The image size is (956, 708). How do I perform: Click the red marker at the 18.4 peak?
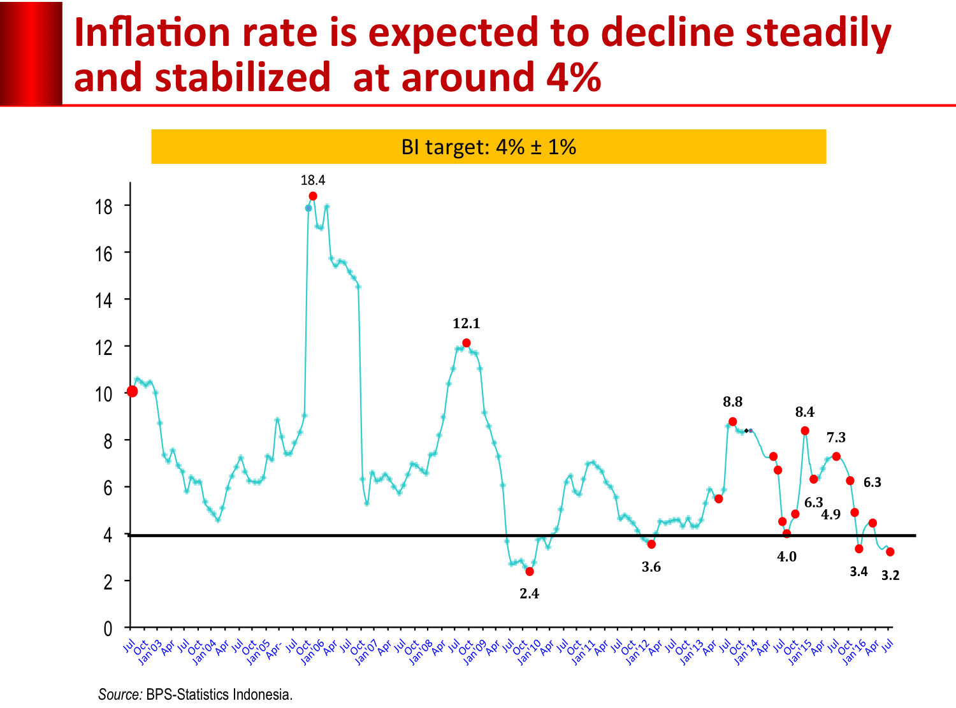point(313,196)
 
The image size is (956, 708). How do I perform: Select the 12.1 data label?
point(466,324)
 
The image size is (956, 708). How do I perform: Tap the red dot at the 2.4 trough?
point(530,572)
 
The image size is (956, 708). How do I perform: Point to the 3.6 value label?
point(651,567)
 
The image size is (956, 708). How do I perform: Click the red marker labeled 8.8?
point(733,422)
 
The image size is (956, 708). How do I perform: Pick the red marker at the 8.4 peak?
point(805,431)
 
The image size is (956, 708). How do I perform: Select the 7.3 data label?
point(836,438)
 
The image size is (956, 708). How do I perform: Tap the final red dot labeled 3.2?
point(890,552)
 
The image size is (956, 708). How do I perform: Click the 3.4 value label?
point(858,572)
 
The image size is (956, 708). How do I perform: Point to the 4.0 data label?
point(786,557)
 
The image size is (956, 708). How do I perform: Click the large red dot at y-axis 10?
point(132,391)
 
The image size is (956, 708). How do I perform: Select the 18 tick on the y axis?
point(104,206)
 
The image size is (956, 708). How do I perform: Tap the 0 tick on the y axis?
point(108,629)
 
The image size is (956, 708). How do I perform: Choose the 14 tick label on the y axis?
point(104,300)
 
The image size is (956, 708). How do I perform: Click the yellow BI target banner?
point(488,147)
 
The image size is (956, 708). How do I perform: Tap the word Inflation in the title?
point(152,33)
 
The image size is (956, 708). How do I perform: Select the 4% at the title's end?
point(574,78)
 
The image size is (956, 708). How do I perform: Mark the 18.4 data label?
point(313,180)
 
